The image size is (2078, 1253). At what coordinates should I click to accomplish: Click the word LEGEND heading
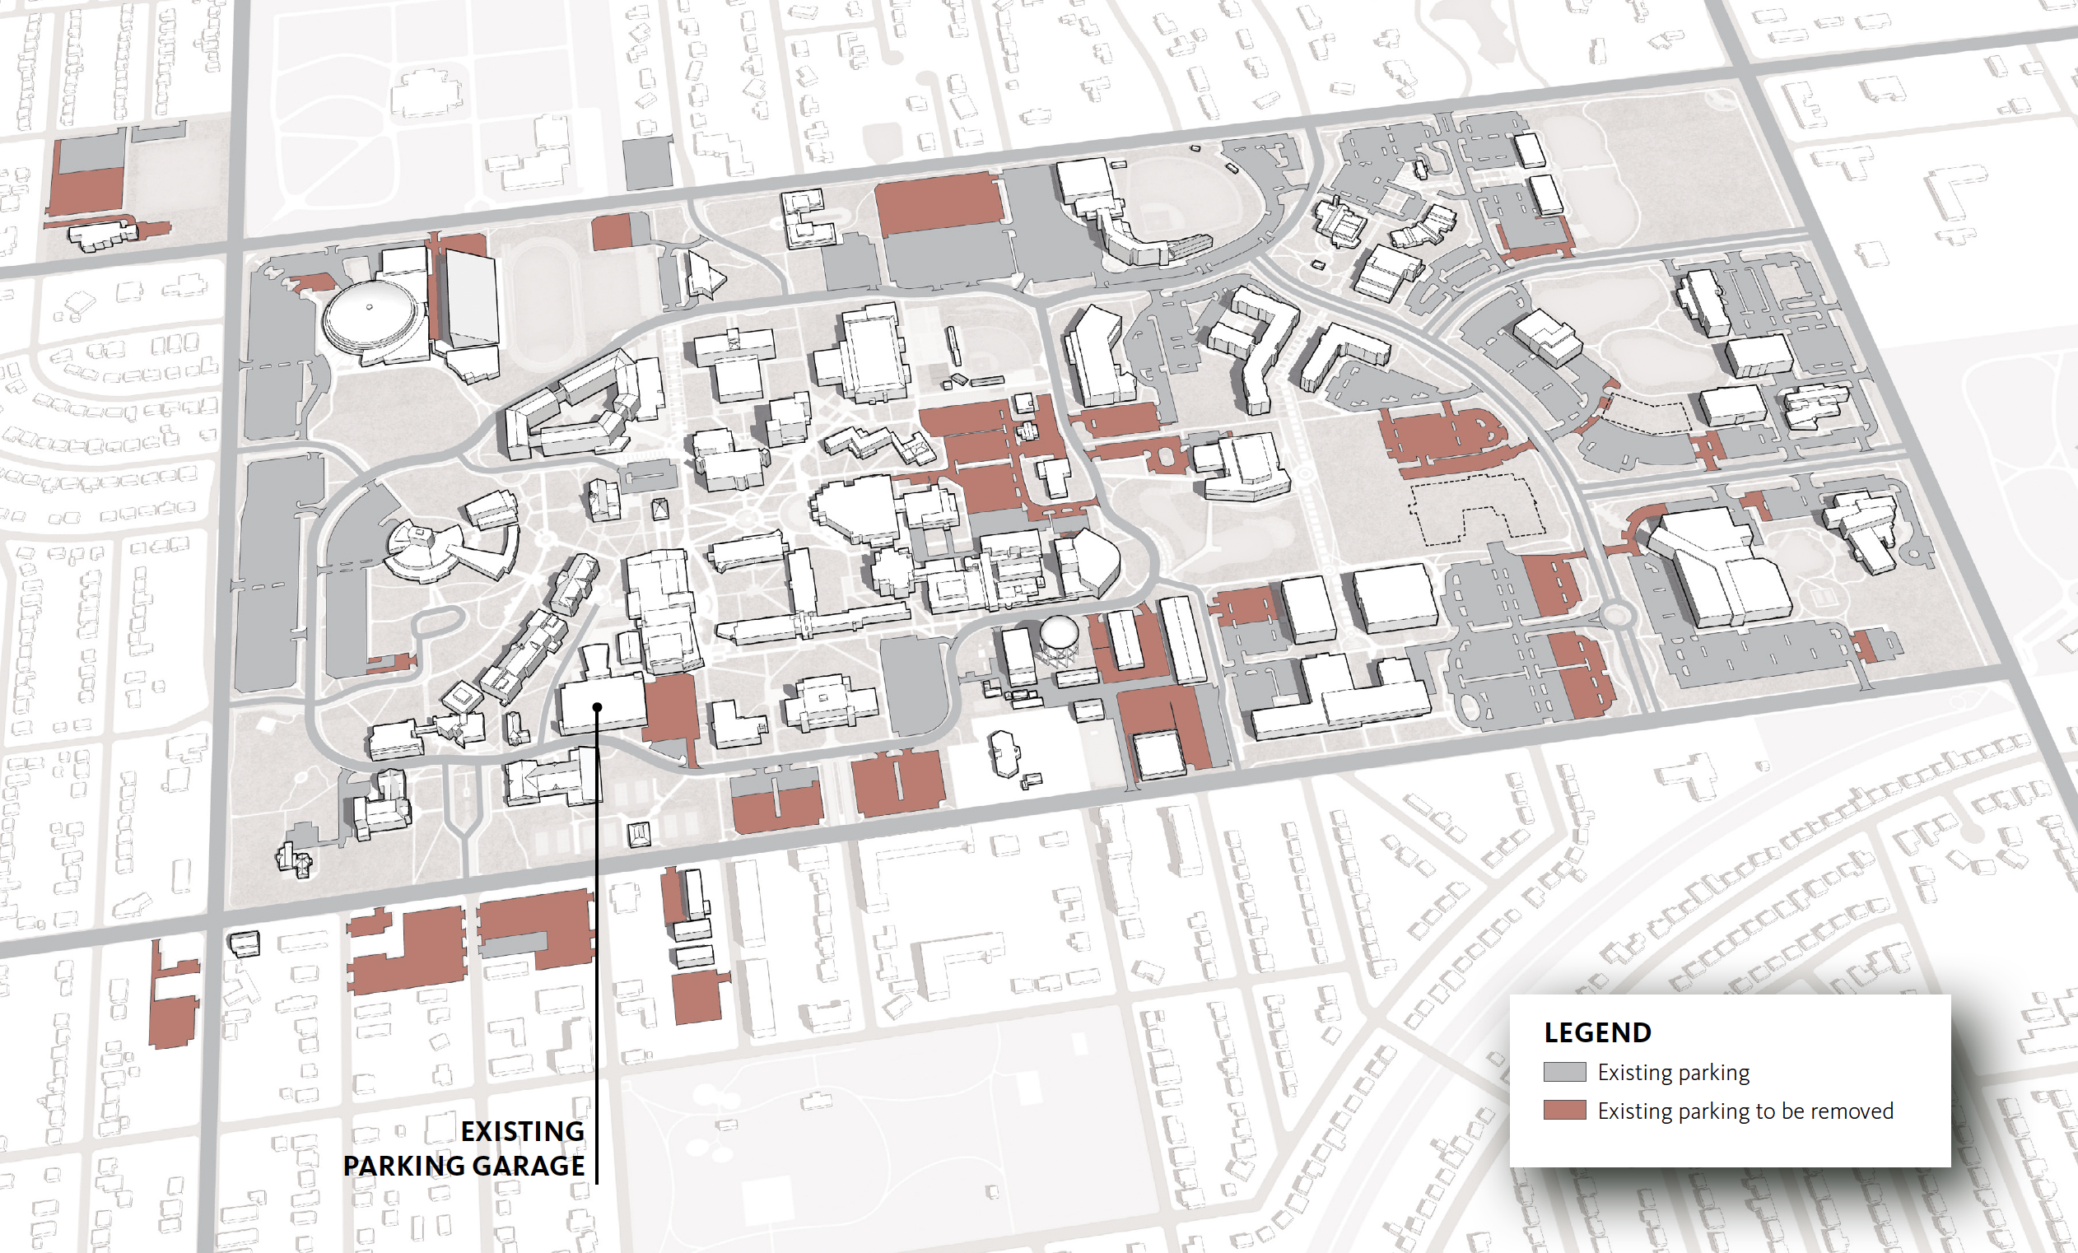(1597, 1032)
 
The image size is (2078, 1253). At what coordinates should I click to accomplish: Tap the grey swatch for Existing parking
(1564, 1072)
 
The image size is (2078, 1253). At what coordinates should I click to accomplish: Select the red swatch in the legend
(1564, 1110)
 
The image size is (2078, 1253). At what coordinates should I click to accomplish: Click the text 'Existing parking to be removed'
(1745, 1111)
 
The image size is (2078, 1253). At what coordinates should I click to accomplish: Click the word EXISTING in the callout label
(522, 1130)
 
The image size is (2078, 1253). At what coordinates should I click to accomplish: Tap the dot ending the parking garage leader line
(597, 706)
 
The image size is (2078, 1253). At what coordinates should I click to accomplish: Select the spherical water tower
(1060, 632)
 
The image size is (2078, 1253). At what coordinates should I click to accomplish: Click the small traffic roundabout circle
(1614, 614)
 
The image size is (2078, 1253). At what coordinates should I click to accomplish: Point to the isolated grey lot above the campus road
(647, 164)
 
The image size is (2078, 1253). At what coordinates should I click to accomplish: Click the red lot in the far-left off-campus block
(85, 189)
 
